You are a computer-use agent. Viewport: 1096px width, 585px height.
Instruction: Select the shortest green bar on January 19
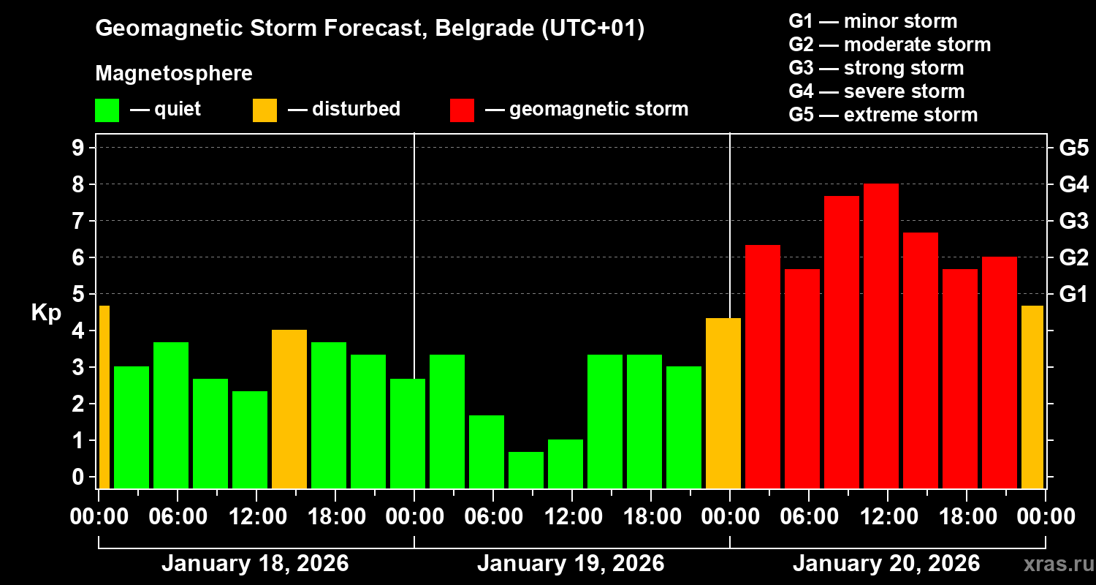point(526,469)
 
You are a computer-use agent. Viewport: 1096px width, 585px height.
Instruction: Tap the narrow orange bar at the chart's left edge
point(104,396)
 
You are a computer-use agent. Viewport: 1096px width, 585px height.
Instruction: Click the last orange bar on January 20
point(1032,396)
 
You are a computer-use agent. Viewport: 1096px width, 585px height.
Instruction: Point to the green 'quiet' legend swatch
point(107,110)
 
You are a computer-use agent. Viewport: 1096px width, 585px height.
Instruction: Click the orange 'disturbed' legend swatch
point(265,110)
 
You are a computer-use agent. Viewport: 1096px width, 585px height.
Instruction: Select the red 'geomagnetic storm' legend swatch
point(463,110)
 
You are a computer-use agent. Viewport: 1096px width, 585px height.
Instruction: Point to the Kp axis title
point(45,312)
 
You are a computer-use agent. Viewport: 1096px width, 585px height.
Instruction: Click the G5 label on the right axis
point(1073,148)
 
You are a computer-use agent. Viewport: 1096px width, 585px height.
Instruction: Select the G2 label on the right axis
point(1073,257)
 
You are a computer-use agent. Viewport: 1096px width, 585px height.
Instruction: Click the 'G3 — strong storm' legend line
point(876,68)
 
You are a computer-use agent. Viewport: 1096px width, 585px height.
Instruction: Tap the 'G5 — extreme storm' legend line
point(883,115)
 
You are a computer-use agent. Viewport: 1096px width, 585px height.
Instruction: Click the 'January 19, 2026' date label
point(571,564)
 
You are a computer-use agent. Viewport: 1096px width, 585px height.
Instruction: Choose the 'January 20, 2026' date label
point(886,564)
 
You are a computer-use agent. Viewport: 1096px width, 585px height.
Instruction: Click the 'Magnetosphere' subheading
point(174,74)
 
